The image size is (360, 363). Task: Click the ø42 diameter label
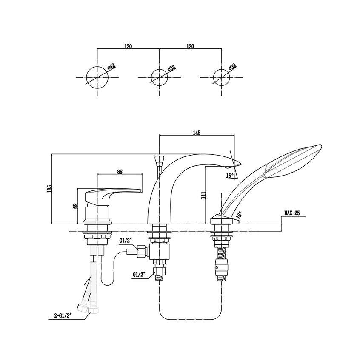[112, 67]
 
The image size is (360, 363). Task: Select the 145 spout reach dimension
[197, 133]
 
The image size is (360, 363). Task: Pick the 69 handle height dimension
[75, 207]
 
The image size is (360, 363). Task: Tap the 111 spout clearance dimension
[204, 195]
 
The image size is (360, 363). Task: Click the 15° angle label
[230, 176]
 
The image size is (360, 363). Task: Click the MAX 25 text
[291, 213]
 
